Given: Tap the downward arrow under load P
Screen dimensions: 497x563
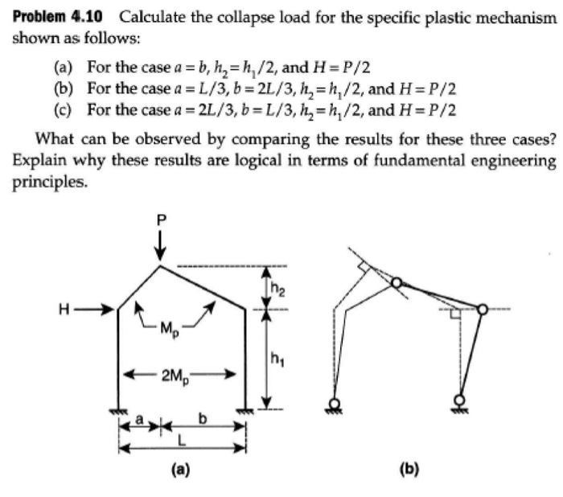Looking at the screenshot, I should [x=162, y=243].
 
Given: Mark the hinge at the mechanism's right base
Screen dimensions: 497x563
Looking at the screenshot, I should [x=459, y=399].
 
